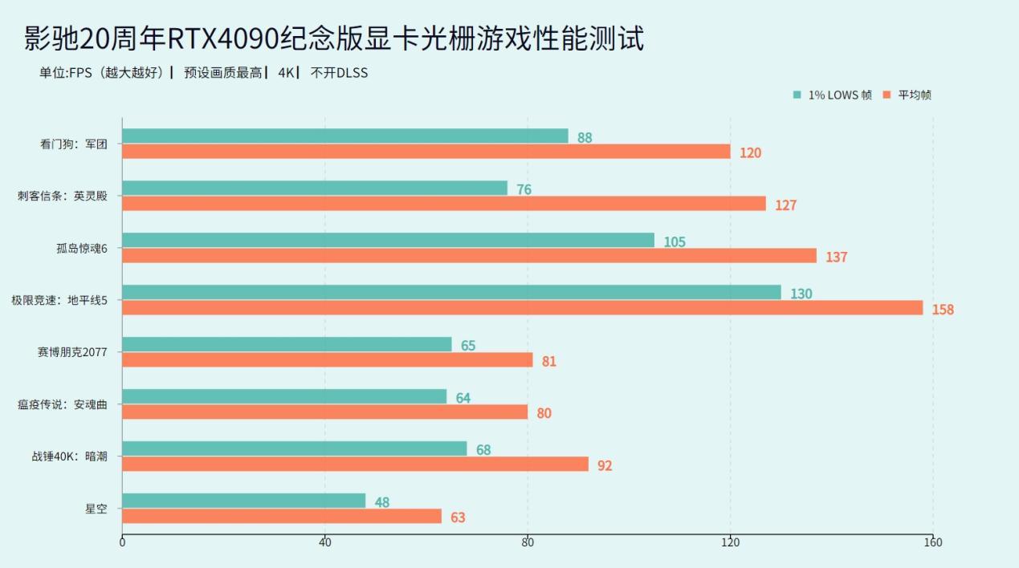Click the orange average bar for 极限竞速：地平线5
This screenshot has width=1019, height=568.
(522, 308)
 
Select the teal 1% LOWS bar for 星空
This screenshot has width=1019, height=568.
(243, 501)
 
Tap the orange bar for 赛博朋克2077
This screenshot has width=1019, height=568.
(327, 360)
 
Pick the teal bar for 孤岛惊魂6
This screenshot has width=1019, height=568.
(388, 241)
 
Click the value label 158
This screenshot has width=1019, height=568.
(943, 310)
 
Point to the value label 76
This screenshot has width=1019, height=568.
(524, 190)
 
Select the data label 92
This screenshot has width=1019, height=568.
(605, 465)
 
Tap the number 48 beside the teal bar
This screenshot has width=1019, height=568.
(382, 503)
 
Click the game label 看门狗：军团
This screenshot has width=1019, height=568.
(73, 144)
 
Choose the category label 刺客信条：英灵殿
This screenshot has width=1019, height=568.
(63, 196)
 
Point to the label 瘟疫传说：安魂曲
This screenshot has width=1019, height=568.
(63, 404)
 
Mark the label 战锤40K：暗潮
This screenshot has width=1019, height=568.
(70, 456)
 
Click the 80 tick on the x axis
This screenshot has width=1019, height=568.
(528, 542)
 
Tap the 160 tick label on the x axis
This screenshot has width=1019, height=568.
(932, 542)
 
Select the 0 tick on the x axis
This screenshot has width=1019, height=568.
(122, 542)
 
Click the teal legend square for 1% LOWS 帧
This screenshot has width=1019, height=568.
(797, 95)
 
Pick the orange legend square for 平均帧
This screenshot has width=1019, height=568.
(887, 95)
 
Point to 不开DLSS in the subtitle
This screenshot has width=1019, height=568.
(339, 73)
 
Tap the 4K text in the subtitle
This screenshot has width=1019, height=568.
(287, 73)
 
